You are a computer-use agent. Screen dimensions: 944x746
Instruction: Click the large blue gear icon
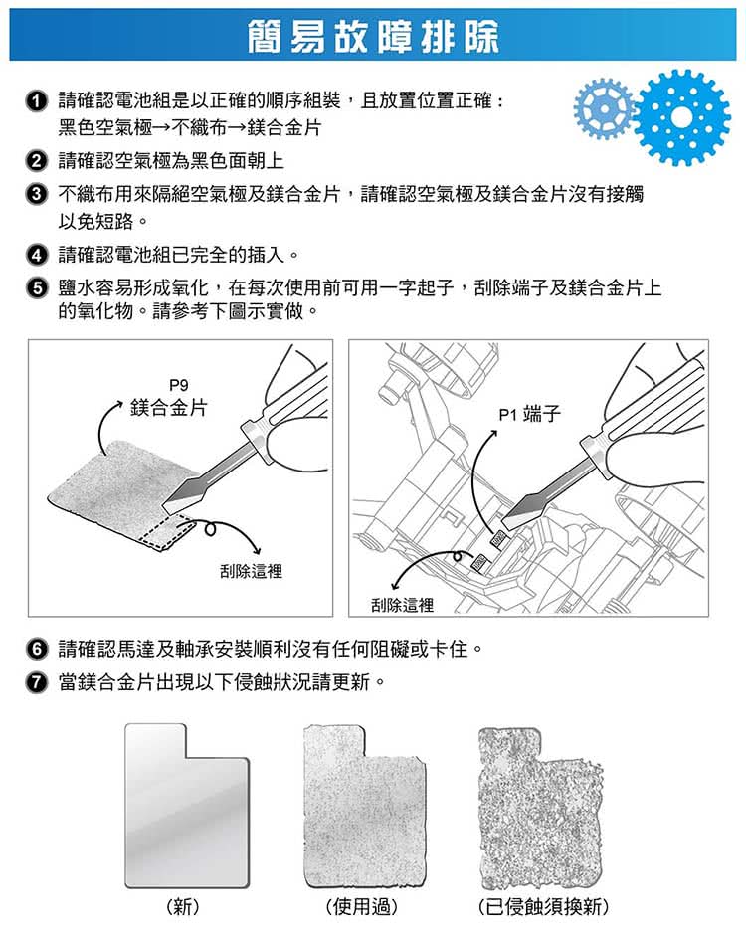pos(681,117)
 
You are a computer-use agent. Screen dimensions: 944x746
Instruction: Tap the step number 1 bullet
pos(37,102)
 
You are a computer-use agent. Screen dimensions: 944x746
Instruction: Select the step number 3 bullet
pos(37,195)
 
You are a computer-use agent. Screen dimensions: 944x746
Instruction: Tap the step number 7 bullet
pos(37,682)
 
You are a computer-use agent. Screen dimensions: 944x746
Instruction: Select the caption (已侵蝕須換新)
pos(543,906)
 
